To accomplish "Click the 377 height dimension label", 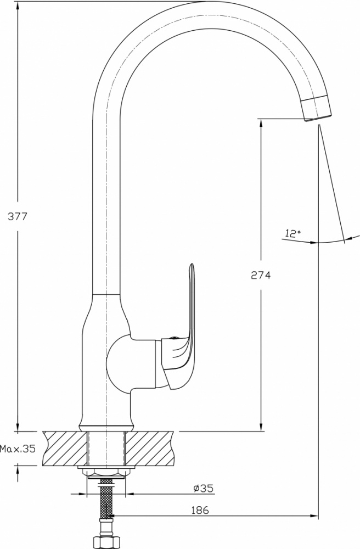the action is [17, 216].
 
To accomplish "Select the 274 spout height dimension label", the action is [261, 276].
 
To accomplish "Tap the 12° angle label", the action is [293, 233].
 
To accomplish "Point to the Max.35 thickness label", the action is [18, 449].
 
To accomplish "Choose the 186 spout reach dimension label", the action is [200, 510].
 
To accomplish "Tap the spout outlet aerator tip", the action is [317, 109].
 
